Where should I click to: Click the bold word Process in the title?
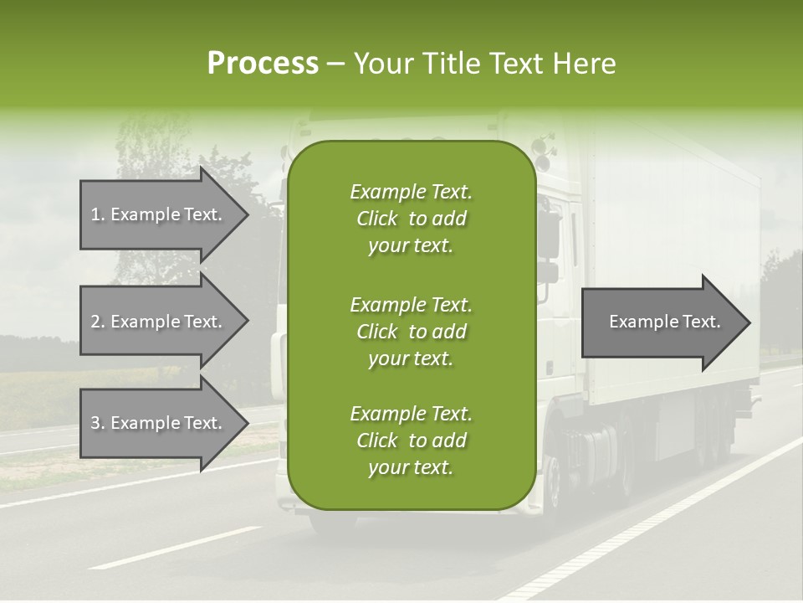pos(263,64)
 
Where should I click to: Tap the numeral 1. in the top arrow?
pos(98,214)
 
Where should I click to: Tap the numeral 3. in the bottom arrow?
pos(98,423)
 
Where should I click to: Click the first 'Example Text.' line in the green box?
pos(411,192)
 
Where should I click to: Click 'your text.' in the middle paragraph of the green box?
pos(411,358)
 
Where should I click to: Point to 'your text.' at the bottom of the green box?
pos(411,468)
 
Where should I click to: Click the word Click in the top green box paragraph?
pos(377,219)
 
